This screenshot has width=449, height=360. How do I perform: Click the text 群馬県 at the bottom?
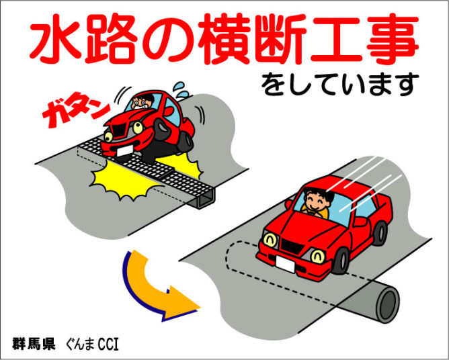tap(34, 344)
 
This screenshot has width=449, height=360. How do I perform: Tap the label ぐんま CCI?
tap(92, 344)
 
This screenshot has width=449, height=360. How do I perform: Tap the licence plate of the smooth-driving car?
tap(285, 264)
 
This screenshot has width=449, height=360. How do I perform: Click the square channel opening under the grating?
tap(205, 199)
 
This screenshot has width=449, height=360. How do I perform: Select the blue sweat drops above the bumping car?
tap(181, 90)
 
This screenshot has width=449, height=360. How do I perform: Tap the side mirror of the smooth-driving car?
tap(360, 222)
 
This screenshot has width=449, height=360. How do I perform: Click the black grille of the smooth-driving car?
tap(292, 246)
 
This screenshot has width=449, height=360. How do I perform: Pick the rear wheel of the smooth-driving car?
tap(380, 233)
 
